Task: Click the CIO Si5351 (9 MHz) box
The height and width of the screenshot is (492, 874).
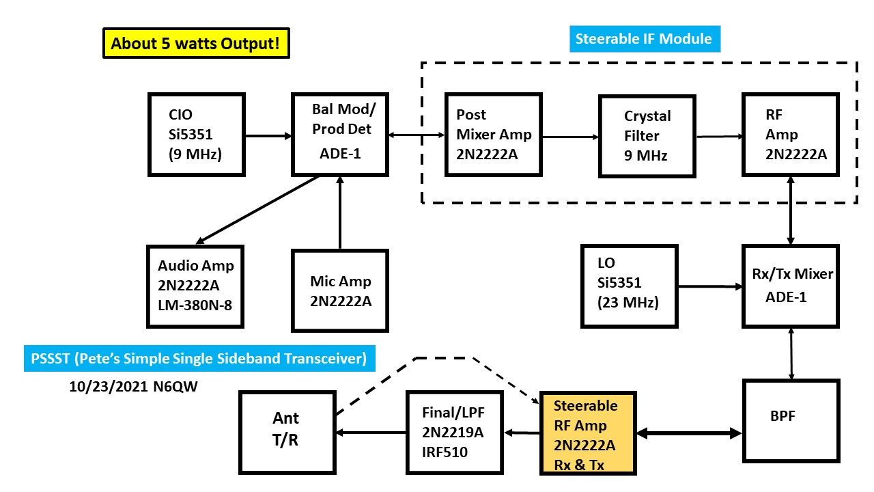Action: (197, 135)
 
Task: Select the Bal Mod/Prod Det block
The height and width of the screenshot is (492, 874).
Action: (339, 135)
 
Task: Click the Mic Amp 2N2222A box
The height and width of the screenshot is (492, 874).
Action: (339, 290)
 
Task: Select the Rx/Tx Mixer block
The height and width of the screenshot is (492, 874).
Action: (791, 286)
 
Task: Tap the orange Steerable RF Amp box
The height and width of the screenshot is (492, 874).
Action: (588, 433)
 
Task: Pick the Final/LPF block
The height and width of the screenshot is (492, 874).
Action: (455, 433)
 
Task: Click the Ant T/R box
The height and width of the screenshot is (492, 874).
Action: (287, 429)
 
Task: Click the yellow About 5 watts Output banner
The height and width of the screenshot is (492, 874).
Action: (195, 43)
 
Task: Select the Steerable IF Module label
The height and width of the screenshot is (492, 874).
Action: (643, 38)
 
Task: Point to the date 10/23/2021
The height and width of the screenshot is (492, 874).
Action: (107, 386)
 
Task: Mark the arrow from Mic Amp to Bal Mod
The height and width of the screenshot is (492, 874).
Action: (339, 212)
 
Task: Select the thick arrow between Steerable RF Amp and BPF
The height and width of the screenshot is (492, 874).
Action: (690, 433)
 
